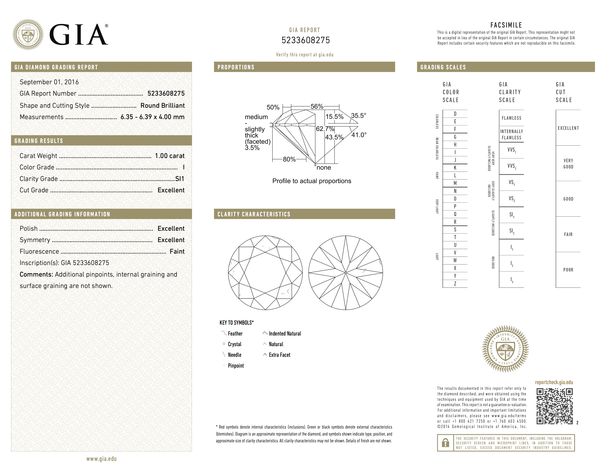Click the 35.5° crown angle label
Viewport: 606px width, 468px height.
click(x=358, y=115)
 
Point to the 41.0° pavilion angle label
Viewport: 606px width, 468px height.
click(x=359, y=135)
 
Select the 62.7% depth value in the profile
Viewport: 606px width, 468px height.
click(x=325, y=129)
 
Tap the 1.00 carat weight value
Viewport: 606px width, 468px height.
click(x=169, y=156)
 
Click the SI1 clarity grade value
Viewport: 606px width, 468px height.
click(x=180, y=179)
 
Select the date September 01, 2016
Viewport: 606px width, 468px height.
click(x=49, y=82)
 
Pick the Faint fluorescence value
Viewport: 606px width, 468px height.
click(x=177, y=251)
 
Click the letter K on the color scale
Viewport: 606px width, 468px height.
click(x=455, y=168)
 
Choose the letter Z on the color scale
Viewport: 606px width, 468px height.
click(x=455, y=284)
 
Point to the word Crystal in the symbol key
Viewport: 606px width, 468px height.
click(x=235, y=344)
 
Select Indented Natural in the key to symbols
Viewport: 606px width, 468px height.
click(x=285, y=333)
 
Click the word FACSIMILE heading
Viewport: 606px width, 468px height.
click(x=506, y=25)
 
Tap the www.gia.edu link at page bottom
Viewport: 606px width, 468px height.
click(x=101, y=459)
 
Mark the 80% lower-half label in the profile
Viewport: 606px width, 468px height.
click(x=289, y=159)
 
